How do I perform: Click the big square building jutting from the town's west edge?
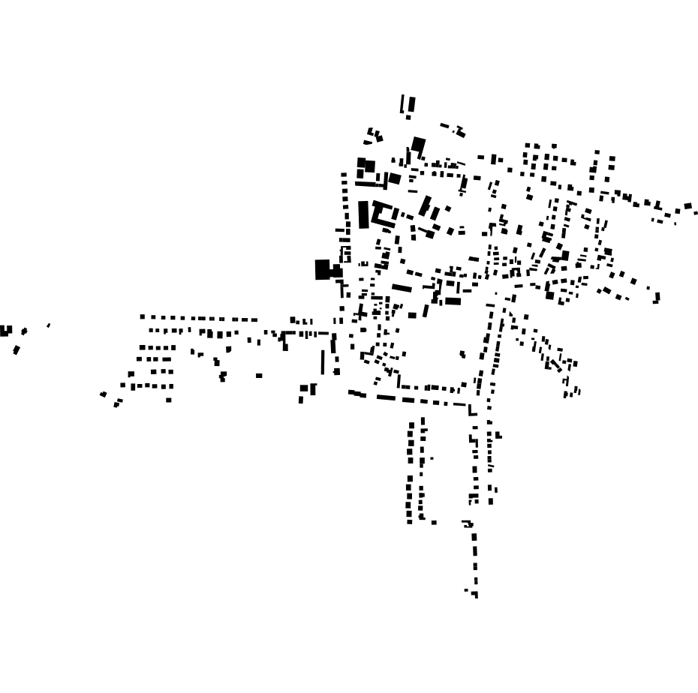[323, 269]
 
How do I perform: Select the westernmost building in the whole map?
[5, 330]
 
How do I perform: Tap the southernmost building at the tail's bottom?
[476, 595]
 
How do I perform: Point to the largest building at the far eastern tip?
[687, 205]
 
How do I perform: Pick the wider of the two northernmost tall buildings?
[411, 104]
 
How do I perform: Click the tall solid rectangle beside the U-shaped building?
[364, 214]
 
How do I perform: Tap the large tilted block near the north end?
[418, 145]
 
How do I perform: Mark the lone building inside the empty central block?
[462, 354]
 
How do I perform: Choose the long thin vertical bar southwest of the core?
[323, 361]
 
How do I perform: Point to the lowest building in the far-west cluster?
[17, 349]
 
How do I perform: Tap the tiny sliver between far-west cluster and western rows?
[49, 325]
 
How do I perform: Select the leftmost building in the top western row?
[142, 316]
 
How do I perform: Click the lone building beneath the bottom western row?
[169, 400]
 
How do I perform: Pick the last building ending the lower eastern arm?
[657, 298]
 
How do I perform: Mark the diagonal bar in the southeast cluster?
[556, 364]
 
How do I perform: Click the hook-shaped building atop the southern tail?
[468, 523]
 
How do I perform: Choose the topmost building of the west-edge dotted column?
[344, 175]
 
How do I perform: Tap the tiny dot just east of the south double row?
[432, 458]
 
